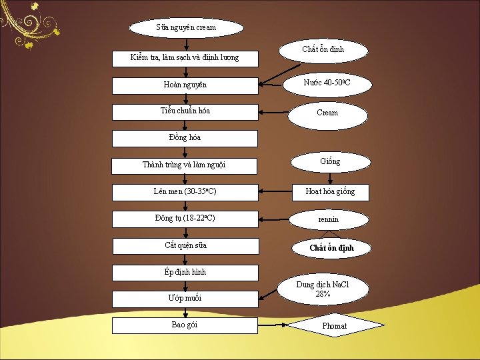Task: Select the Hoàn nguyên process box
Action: (x=185, y=85)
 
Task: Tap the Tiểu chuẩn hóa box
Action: (x=185, y=111)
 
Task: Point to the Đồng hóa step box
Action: (x=185, y=138)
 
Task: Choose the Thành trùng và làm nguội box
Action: (x=185, y=165)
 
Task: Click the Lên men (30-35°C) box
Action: (x=185, y=192)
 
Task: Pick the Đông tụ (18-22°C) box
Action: (x=185, y=219)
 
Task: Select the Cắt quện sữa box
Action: (x=185, y=245)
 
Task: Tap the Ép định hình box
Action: (x=185, y=272)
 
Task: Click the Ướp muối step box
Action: (x=185, y=299)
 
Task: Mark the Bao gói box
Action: (x=185, y=325)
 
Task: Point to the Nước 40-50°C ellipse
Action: (x=327, y=83)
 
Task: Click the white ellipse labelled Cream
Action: (x=327, y=113)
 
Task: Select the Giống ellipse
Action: (x=330, y=161)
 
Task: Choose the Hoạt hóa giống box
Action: (x=330, y=192)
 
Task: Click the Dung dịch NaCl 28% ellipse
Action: (x=323, y=290)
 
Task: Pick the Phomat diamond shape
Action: (x=335, y=326)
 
